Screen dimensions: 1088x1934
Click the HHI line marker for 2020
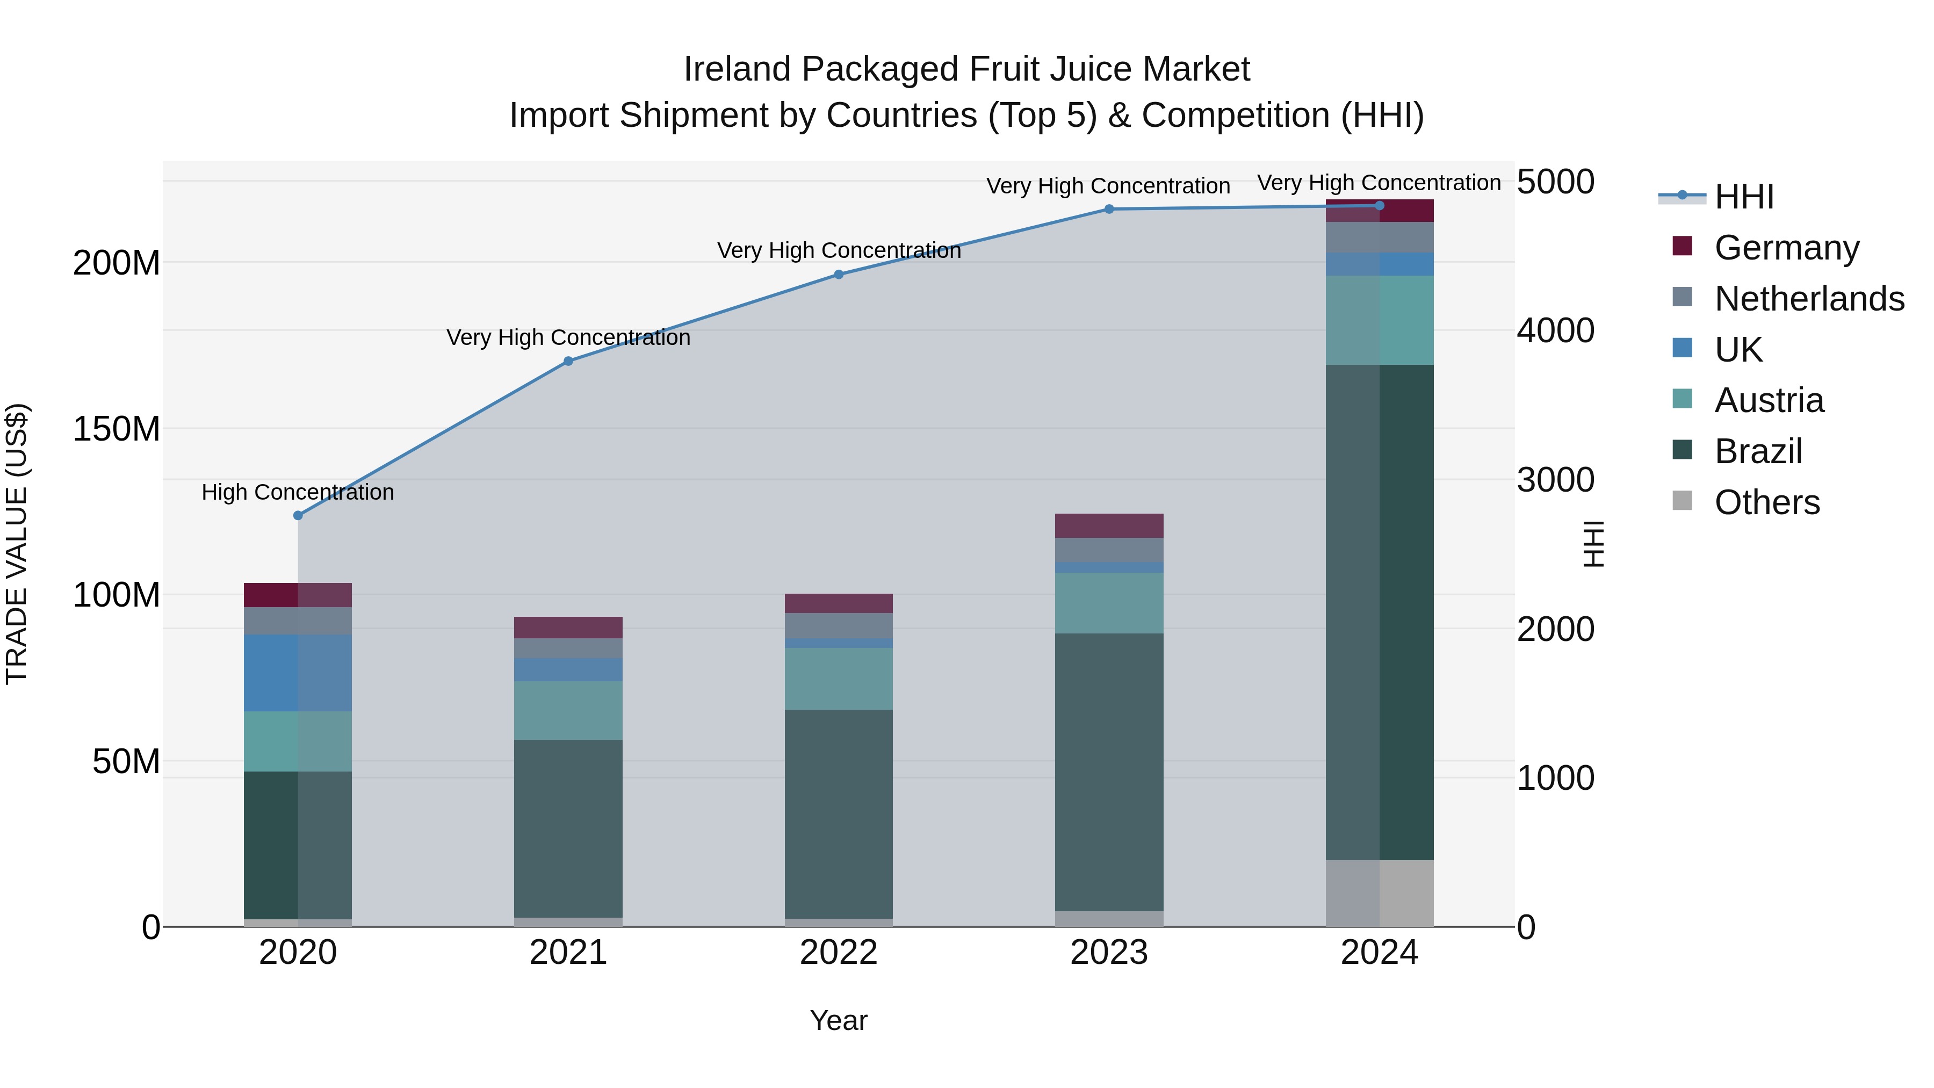tap(298, 515)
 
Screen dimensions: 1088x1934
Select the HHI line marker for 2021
tap(568, 361)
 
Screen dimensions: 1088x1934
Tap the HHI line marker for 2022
tap(839, 275)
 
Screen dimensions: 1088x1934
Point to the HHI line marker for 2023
tap(1109, 210)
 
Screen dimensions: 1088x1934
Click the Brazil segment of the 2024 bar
tap(1379, 612)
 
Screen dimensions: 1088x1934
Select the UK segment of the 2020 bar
tap(298, 673)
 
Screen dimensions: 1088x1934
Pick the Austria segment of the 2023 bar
tap(1109, 603)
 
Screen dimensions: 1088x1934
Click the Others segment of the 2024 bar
tap(1379, 893)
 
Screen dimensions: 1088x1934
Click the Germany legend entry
tap(1787, 248)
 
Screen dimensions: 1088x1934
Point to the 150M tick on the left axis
tap(117, 429)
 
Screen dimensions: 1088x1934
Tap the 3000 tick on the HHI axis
tap(1555, 480)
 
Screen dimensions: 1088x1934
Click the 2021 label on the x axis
tap(568, 953)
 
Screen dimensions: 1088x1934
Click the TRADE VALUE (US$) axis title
tap(17, 544)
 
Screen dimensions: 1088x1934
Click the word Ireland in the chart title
tap(737, 69)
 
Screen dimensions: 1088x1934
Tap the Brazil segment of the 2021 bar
tap(568, 828)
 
